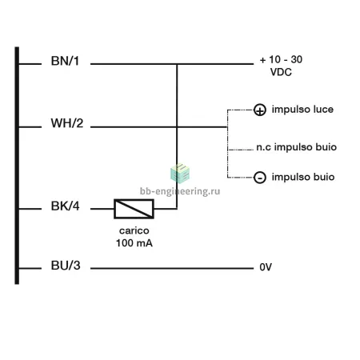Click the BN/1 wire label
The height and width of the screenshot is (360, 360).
click(65, 61)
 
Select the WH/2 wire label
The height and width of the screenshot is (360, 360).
click(67, 123)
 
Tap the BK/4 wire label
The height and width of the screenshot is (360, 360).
click(65, 206)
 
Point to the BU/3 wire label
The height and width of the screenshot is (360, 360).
click(66, 266)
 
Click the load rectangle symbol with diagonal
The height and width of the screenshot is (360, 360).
click(134, 209)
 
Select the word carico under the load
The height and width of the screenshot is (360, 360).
click(134, 230)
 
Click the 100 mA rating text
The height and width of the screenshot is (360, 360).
click(134, 243)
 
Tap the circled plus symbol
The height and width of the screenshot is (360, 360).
click(260, 110)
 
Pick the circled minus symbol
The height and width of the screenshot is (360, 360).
click(260, 178)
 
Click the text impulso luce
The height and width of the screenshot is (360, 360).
click(302, 110)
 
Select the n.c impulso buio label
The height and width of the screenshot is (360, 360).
click(297, 147)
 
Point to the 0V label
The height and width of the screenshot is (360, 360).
click(266, 267)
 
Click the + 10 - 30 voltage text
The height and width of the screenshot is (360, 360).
click(281, 59)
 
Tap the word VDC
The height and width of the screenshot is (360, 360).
click(281, 72)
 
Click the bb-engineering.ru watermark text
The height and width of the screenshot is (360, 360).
click(180, 191)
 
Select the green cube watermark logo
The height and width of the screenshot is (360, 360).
click(180, 174)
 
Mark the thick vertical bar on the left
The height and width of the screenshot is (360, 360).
click(17, 166)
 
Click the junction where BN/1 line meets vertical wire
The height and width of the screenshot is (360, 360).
click(177, 64)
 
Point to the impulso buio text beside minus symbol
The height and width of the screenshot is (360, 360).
click(303, 177)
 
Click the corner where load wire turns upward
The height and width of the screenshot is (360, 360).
click(177, 209)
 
